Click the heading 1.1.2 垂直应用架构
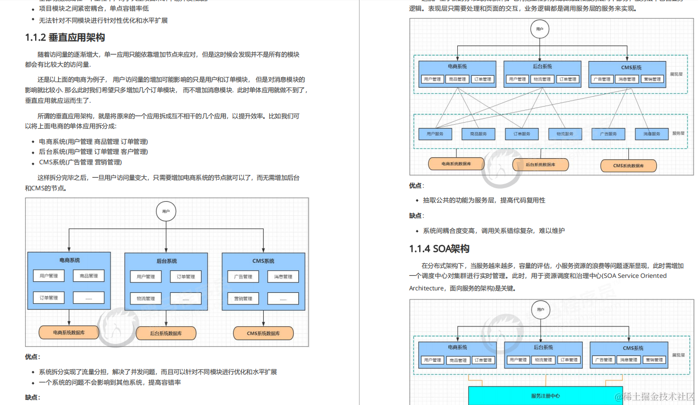click(x=65, y=38)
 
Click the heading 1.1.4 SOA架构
click(x=439, y=249)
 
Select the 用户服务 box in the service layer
click(x=435, y=134)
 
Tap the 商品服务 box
click(x=478, y=134)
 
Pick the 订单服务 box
click(x=521, y=134)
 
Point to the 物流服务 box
click(x=565, y=134)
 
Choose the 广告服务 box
click(x=608, y=134)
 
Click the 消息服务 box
click(x=651, y=134)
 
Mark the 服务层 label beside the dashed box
click(x=678, y=133)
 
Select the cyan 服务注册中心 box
click(x=545, y=395)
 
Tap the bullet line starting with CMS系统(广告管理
click(x=80, y=162)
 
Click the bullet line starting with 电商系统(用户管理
click(x=93, y=142)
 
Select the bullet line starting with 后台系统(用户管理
click(x=93, y=152)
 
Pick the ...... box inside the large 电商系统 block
click(x=89, y=297)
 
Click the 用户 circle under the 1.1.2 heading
click(x=166, y=211)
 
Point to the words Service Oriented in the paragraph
click(x=643, y=276)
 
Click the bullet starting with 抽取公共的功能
click(x=484, y=200)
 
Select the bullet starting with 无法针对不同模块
click(x=103, y=21)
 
